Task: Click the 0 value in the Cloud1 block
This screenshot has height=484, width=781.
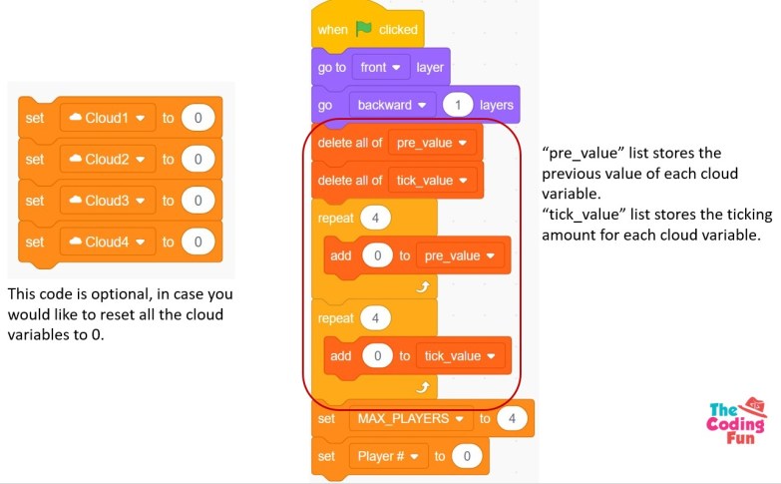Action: pos(198,118)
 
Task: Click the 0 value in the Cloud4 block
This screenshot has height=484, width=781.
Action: pos(198,242)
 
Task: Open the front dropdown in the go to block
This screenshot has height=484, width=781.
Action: pos(380,68)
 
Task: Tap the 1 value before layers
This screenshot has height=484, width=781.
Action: pos(458,105)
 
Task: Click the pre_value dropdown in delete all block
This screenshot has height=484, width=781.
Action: pos(432,143)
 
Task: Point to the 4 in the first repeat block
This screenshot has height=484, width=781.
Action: pos(375,218)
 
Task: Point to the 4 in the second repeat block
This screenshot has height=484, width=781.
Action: pos(375,318)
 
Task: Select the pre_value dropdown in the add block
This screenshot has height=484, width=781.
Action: pos(460,255)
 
